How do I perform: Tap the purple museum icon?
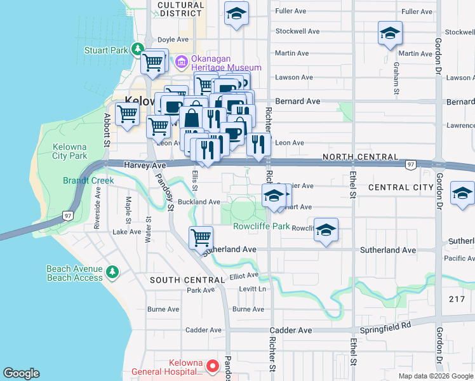(x=182, y=61)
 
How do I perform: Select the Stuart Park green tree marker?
(x=137, y=49)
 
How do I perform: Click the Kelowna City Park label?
(x=70, y=151)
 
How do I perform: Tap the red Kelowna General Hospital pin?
(x=213, y=366)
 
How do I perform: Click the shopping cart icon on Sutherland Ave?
(x=201, y=237)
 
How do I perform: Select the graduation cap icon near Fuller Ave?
(x=236, y=13)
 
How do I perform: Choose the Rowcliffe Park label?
(x=261, y=226)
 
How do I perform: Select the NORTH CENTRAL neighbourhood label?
(x=361, y=157)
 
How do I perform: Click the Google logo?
(x=21, y=373)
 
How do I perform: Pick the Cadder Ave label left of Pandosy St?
(x=203, y=330)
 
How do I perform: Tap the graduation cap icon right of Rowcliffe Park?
(x=326, y=231)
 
